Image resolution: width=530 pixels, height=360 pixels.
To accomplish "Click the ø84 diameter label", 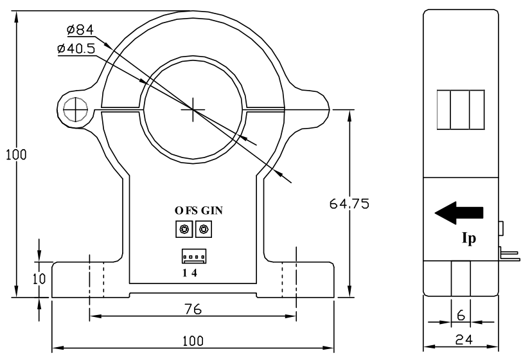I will tap(80, 30).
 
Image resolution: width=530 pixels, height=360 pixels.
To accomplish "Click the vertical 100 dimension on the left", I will tap(12, 155).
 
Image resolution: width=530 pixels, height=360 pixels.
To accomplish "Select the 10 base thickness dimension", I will tap(39, 280).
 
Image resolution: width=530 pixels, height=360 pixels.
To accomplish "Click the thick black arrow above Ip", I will tap(459, 213).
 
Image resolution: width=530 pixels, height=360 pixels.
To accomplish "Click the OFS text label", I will tap(186, 211).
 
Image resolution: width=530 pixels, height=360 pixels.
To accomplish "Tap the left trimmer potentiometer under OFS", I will tap(185, 229).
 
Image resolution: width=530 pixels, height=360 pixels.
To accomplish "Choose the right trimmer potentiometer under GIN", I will tap(204, 229).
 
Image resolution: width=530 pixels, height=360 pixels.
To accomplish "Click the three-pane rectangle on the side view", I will tap(459, 110).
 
